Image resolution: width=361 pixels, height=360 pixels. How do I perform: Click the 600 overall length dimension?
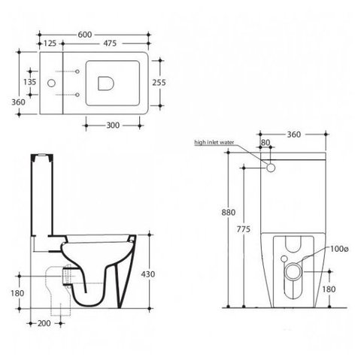[85, 35]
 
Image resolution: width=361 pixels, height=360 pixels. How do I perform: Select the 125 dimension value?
[50, 44]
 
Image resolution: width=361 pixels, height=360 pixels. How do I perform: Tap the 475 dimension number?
[110, 44]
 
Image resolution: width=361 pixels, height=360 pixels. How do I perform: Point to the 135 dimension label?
[30, 82]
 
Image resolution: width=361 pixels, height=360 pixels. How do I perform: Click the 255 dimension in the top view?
[159, 82]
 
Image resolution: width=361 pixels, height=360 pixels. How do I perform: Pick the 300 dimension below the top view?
[113, 126]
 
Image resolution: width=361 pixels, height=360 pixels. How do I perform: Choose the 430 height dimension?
[148, 274]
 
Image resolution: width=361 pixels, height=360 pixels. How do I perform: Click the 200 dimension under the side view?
[44, 323]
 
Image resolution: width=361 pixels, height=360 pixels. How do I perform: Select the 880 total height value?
[229, 212]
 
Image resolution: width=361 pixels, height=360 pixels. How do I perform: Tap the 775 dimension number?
[244, 229]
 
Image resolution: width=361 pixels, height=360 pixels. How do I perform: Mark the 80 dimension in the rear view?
[265, 143]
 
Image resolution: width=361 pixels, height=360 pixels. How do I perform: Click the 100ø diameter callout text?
[339, 249]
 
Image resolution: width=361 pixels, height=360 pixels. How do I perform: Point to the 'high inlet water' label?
[214, 142]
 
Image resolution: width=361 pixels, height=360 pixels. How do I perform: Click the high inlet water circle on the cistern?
[271, 168]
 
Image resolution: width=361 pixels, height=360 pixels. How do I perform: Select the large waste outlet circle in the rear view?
[293, 271]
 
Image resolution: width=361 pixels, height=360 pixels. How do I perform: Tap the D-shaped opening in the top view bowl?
[106, 83]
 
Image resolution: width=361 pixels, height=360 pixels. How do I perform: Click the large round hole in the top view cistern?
[51, 83]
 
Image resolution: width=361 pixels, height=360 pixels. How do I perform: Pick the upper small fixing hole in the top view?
[77, 71]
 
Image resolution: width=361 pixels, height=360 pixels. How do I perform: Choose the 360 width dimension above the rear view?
[294, 135]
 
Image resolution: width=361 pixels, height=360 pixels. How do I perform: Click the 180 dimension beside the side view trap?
[17, 293]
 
